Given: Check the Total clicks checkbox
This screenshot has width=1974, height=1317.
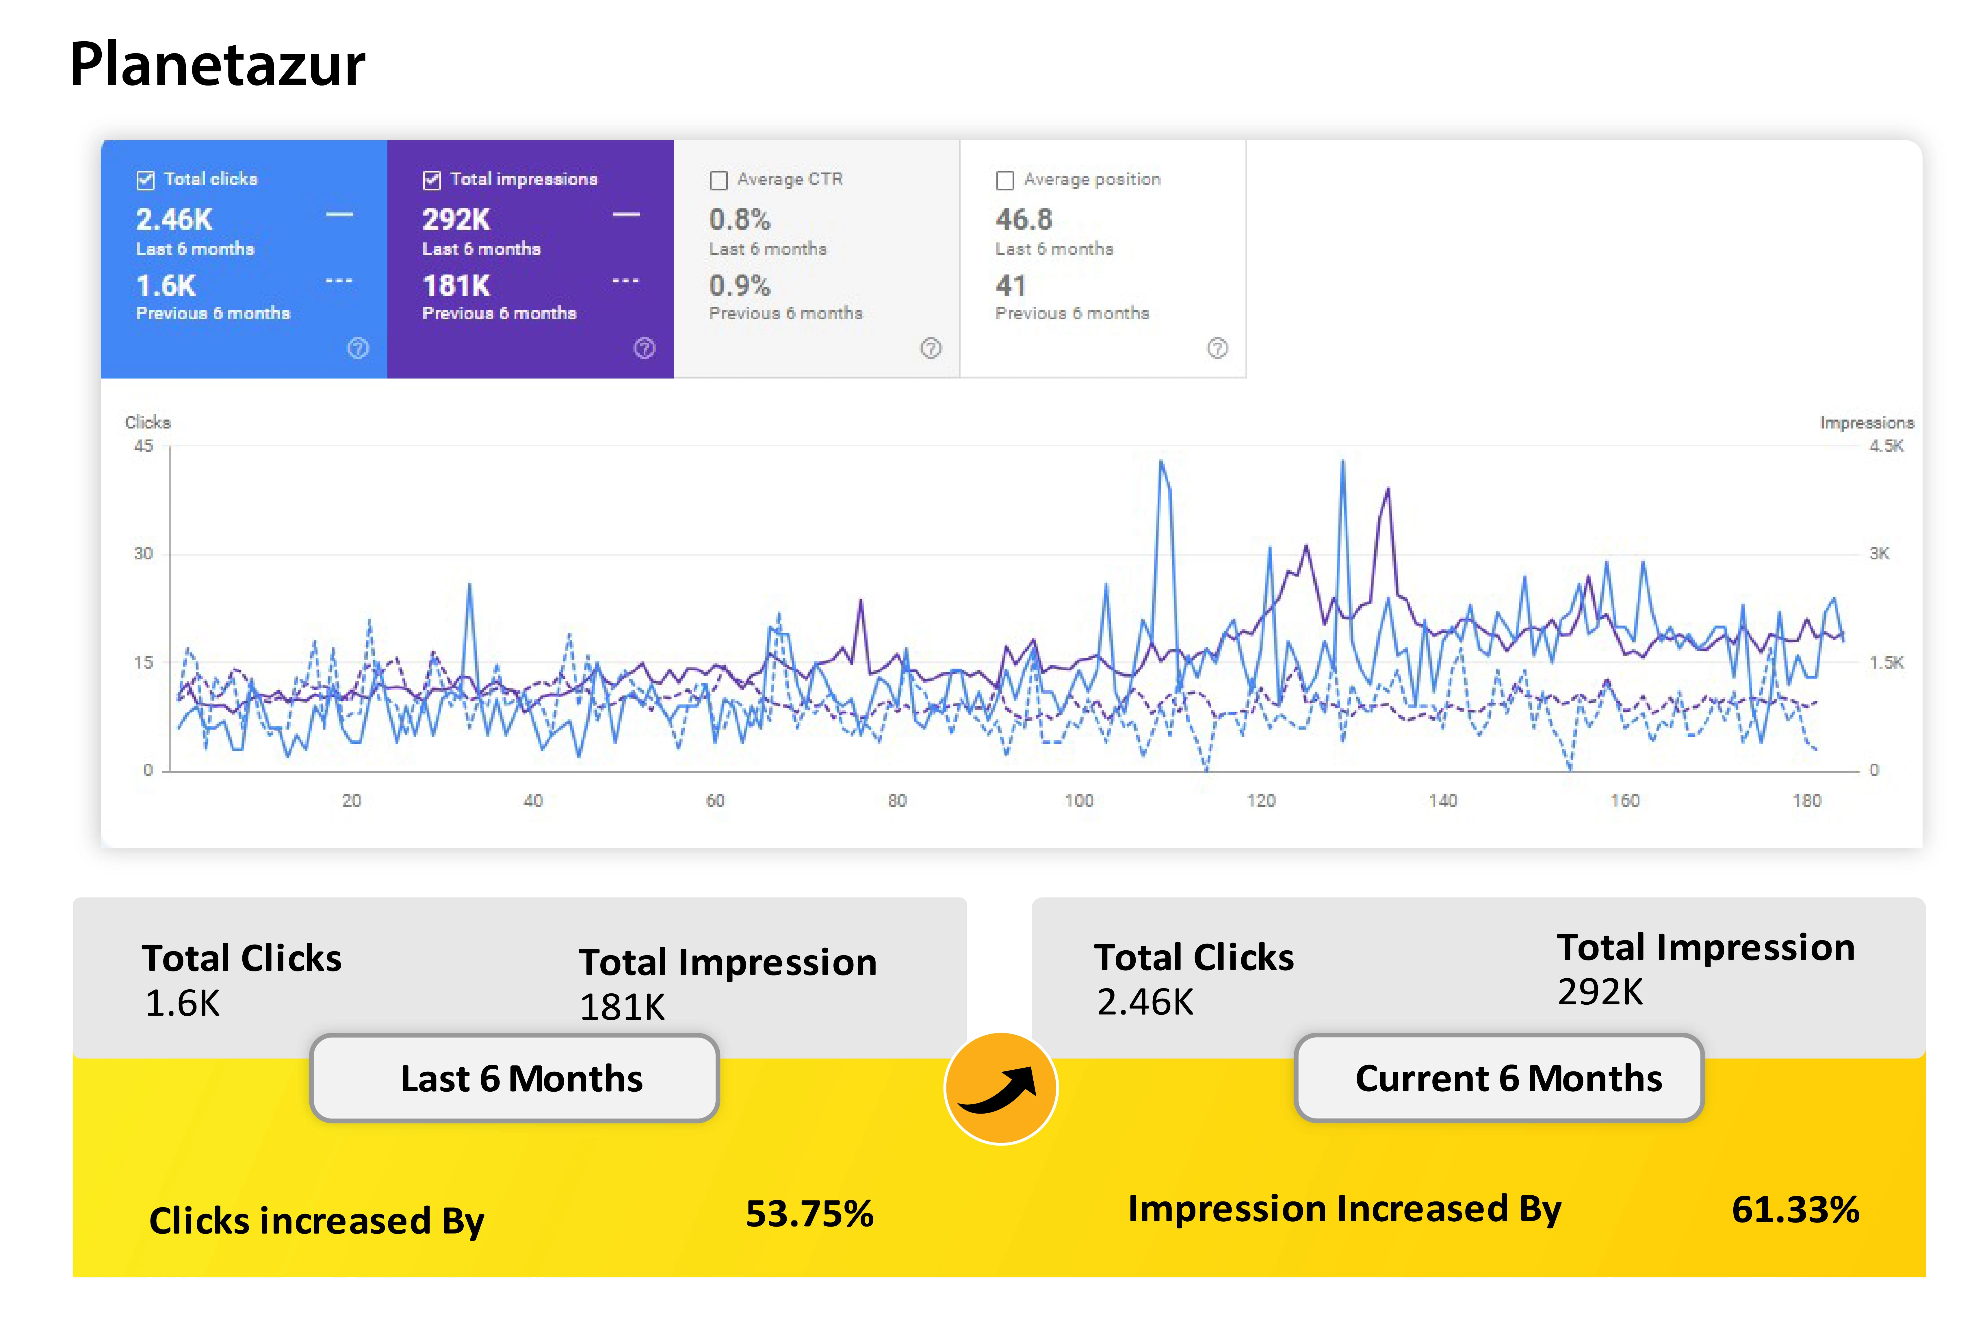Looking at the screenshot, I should coord(145,180).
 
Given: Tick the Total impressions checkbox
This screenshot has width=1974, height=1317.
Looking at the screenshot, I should coord(432,180).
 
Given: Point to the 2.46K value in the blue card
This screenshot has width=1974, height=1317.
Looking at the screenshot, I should coord(174,219).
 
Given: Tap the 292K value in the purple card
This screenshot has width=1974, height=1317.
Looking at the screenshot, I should coord(456,219).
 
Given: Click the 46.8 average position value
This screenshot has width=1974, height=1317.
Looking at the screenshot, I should coord(1024,219).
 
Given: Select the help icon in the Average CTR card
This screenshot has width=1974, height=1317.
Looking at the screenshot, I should coord(930,348).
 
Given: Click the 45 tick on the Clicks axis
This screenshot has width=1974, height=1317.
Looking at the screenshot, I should coord(144,446).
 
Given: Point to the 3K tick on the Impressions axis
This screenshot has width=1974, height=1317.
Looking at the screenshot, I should coord(1879,554).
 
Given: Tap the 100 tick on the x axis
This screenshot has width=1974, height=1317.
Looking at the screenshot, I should coord(1079,800).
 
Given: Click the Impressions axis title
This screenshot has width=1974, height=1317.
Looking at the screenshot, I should coord(1867,422).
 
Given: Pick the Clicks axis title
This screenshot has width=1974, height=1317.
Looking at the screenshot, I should coord(148,422).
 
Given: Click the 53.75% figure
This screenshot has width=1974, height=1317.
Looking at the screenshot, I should coord(809,1214).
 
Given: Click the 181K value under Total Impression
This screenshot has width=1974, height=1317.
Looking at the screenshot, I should coord(622,1007).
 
